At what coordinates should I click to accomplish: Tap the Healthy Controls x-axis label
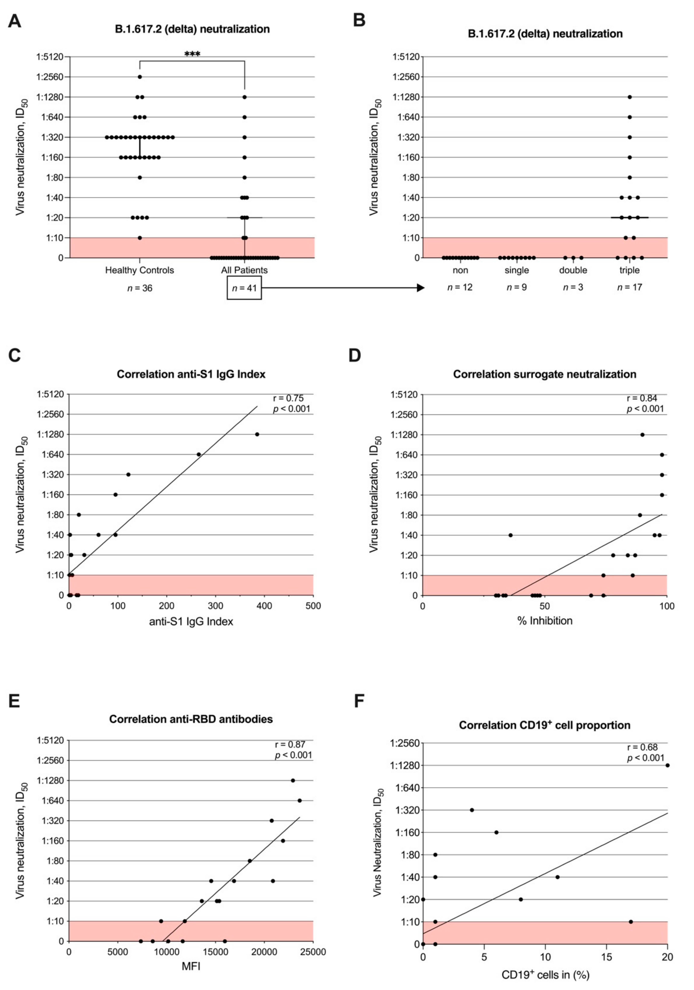click(140, 270)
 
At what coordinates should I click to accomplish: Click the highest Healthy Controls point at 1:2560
click(140, 77)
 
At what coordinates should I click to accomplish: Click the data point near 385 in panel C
click(257, 434)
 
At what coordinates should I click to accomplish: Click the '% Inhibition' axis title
click(545, 621)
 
